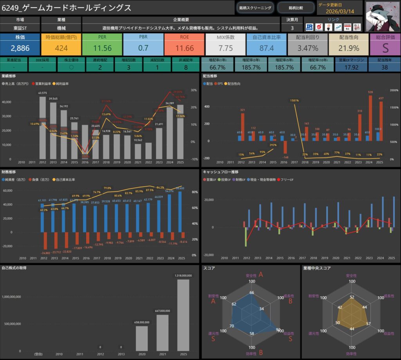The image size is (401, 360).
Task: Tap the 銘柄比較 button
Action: click(x=296, y=7)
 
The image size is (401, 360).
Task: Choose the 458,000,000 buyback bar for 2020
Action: click(x=142, y=338)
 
